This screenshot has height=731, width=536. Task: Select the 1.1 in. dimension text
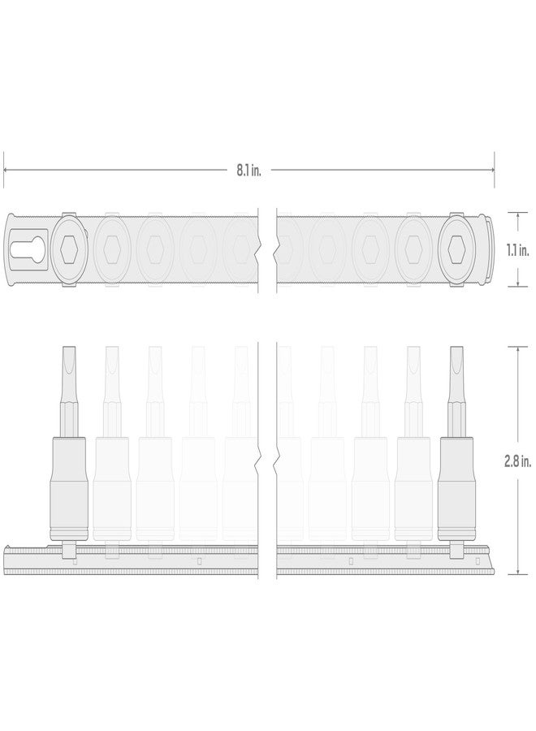click(517, 249)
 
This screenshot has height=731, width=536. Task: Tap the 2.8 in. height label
click(517, 460)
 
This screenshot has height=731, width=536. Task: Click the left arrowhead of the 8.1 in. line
click(6, 169)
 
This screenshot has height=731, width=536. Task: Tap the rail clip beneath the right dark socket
click(456, 551)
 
